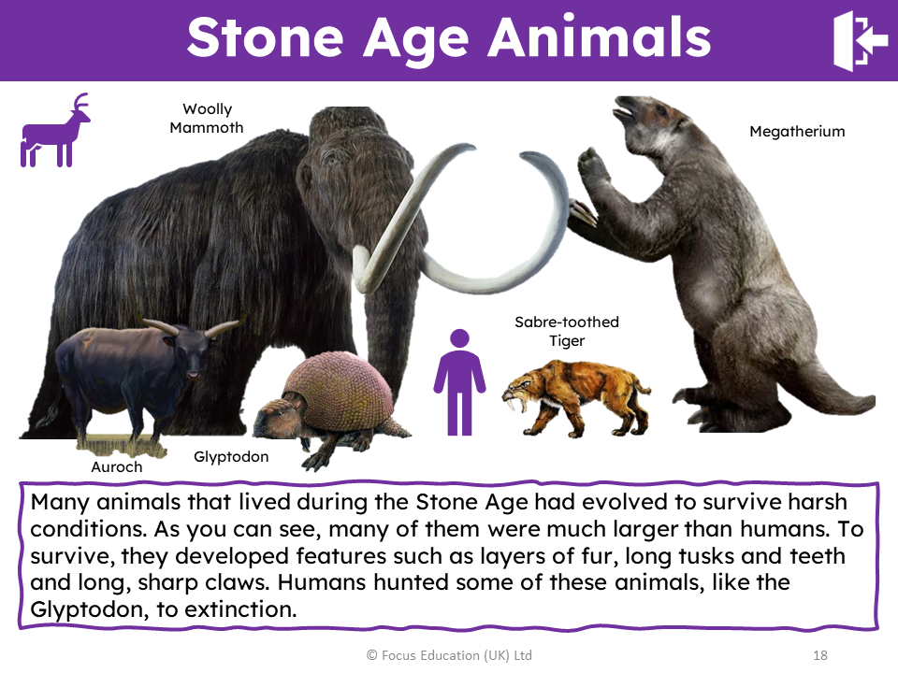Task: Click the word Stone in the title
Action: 265,37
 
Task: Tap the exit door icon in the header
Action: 860,41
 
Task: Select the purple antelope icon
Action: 55,130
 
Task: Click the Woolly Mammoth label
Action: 207,118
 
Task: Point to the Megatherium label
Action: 797,132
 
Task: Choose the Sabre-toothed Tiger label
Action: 567,331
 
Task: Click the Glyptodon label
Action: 231,457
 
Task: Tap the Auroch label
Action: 117,467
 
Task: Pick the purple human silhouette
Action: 459,382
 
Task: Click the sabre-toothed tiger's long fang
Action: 521,404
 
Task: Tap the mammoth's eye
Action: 331,160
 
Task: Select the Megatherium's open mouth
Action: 624,111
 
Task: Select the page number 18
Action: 820,655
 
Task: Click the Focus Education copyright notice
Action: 450,655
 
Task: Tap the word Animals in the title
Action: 599,37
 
